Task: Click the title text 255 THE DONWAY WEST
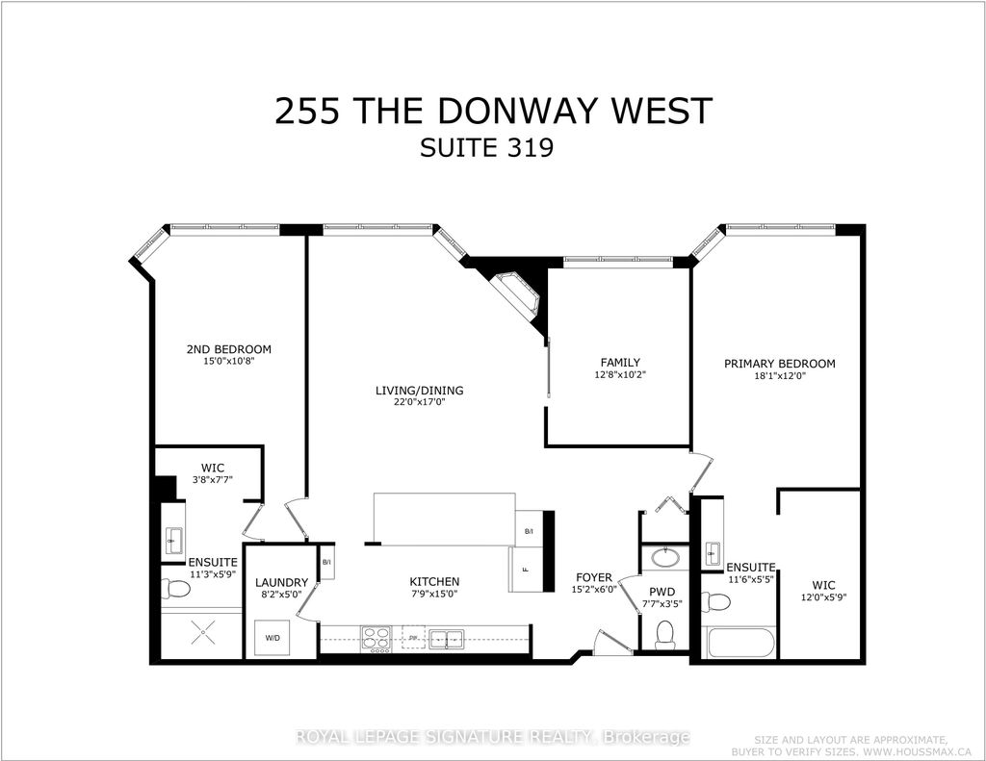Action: (x=493, y=111)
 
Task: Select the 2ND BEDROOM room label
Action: (x=228, y=349)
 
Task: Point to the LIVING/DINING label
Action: (x=420, y=391)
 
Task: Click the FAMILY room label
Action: (x=620, y=363)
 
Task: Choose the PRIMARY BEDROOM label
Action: (x=780, y=364)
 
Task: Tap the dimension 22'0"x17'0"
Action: (x=420, y=403)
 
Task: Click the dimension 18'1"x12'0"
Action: (x=780, y=377)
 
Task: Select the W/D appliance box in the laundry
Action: (x=273, y=636)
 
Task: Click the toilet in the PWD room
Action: (x=664, y=634)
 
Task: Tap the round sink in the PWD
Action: (x=664, y=557)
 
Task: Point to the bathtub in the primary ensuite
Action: (x=739, y=643)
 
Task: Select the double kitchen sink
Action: (x=447, y=638)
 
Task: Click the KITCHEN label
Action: (x=433, y=582)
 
